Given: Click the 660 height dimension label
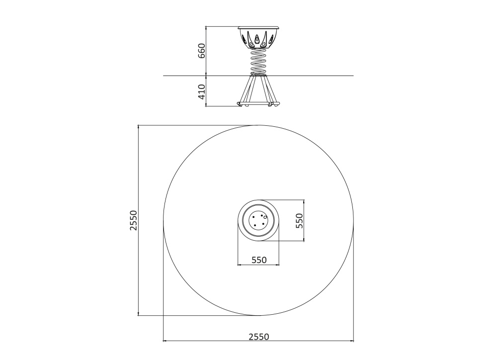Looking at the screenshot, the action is [x=202, y=51].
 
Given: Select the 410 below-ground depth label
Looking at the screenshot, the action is [x=202, y=91].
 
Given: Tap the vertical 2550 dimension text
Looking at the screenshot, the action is [x=133, y=220].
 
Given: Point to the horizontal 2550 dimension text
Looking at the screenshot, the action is [x=258, y=337].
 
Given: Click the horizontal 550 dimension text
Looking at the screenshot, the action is [x=259, y=260].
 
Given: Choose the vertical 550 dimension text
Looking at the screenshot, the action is [x=299, y=220].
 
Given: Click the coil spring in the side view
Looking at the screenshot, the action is [x=258, y=61].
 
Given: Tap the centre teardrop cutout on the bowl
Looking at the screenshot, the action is [x=256, y=39].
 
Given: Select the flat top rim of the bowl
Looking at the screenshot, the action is [x=258, y=27].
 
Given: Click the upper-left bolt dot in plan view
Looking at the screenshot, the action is [x=253, y=216].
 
